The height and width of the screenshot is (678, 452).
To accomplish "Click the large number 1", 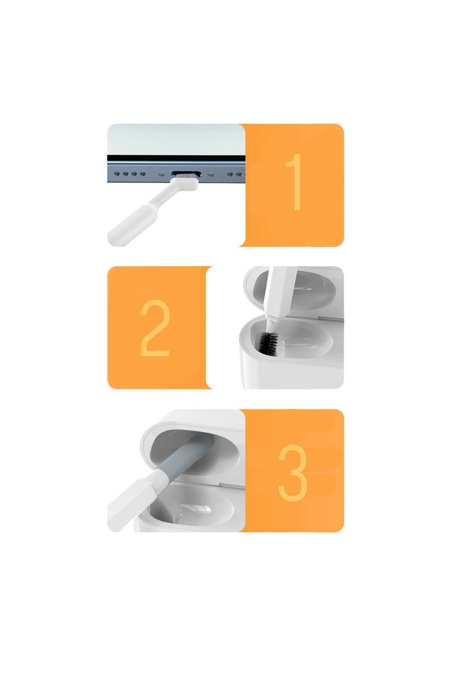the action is point(294,182).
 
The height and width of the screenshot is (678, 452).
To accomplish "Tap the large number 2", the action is point(154,328).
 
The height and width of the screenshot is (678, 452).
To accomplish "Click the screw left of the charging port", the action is point(162,174).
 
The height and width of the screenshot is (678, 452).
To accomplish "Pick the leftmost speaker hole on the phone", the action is point(117,174).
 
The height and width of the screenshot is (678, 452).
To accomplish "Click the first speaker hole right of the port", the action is point(230,174).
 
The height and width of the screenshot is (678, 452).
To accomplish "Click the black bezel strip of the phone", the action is point(176,158).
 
